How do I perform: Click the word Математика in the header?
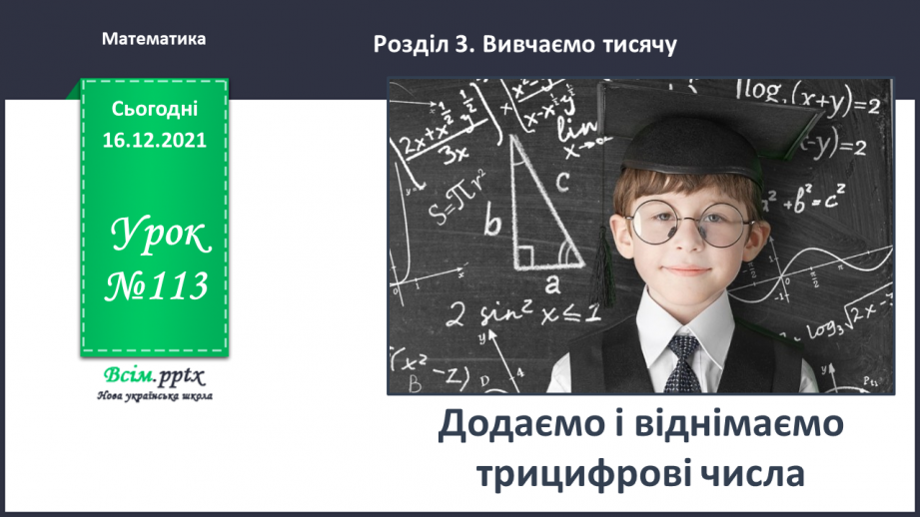(154, 39)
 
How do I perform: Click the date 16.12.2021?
(154, 141)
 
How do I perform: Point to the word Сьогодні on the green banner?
(154, 109)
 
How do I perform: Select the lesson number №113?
(157, 286)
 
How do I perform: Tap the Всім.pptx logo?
(153, 377)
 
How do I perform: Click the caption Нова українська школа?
(154, 395)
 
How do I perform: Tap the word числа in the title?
(751, 472)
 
